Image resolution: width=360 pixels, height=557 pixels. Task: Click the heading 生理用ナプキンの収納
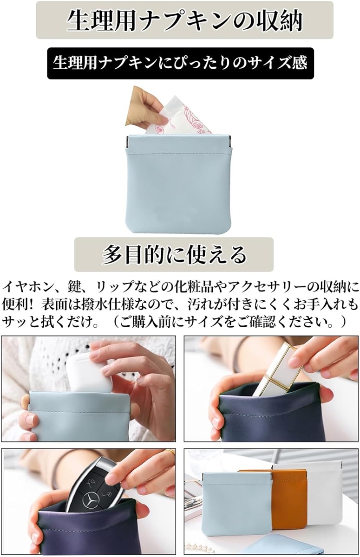(184, 21)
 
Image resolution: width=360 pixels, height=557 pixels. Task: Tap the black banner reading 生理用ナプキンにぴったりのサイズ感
(180, 63)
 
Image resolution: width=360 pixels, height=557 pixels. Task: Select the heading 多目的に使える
(174, 254)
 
